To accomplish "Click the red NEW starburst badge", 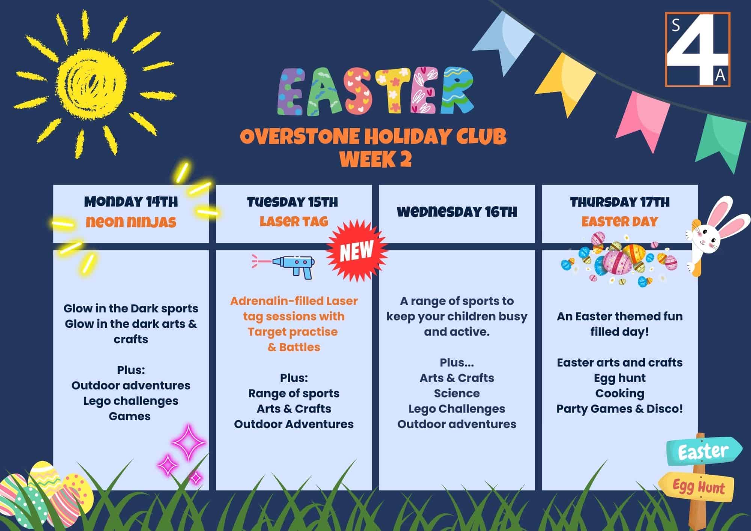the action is pyautogui.click(x=356, y=251).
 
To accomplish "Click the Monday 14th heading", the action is pyautogui.click(x=131, y=202).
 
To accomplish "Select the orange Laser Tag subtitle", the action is pyautogui.click(x=294, y=222).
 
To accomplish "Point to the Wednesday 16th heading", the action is pyautogui.click(x=457, y=212).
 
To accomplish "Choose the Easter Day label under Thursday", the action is pyautogui.click(x=620, y=222).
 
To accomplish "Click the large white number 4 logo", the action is pyautogui.click(x=697, y=50).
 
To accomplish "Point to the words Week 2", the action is pyautogui.click(x=375, y=159).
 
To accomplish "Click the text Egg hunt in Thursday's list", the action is pyautogui.click(x=620, y=378).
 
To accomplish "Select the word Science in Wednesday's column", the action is pyautogui.click(x=457, y=393).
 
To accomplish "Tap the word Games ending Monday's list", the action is pyautogui.click(x=130, y=416).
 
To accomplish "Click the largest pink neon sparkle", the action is pyautogui.click(x=189, y=442).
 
